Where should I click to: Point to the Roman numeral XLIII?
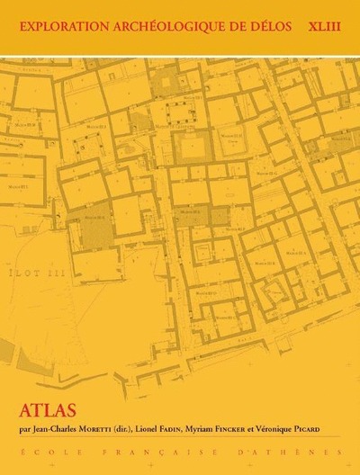[321, 25]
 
